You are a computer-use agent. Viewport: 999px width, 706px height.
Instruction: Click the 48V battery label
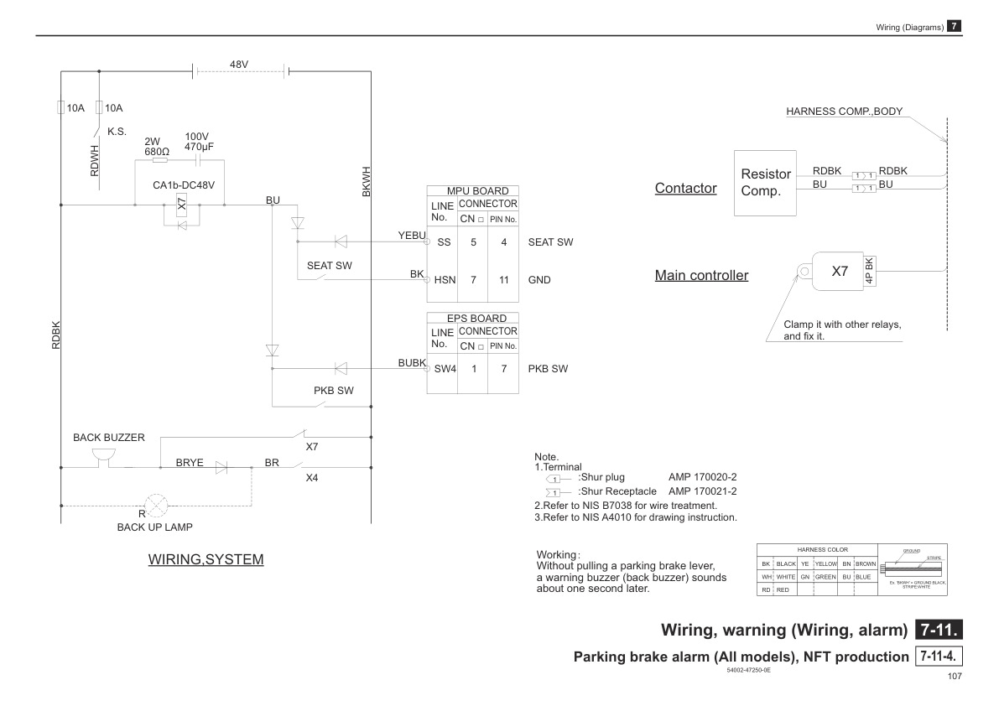238,65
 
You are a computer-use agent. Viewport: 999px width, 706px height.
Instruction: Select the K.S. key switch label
117,132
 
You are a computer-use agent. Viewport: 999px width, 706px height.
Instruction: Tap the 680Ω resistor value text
157,152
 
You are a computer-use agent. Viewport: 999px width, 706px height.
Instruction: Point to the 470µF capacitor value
200,147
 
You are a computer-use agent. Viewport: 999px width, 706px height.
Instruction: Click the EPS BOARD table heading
477,318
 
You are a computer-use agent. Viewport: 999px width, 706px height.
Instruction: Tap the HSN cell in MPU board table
445,280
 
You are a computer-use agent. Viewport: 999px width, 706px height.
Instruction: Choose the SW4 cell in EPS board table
445,368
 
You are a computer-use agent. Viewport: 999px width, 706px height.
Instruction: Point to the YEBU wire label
411,236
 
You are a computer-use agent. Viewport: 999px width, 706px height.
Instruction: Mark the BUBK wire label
413,362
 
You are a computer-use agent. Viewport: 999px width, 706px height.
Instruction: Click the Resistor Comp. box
766,182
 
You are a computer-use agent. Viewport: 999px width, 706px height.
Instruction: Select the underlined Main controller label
701,275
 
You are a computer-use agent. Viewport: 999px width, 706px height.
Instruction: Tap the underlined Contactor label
685,188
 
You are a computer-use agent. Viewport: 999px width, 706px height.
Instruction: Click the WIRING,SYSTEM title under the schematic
206,559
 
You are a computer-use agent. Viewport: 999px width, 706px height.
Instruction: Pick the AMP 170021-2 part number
702,491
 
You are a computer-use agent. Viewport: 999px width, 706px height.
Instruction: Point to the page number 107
954,677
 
